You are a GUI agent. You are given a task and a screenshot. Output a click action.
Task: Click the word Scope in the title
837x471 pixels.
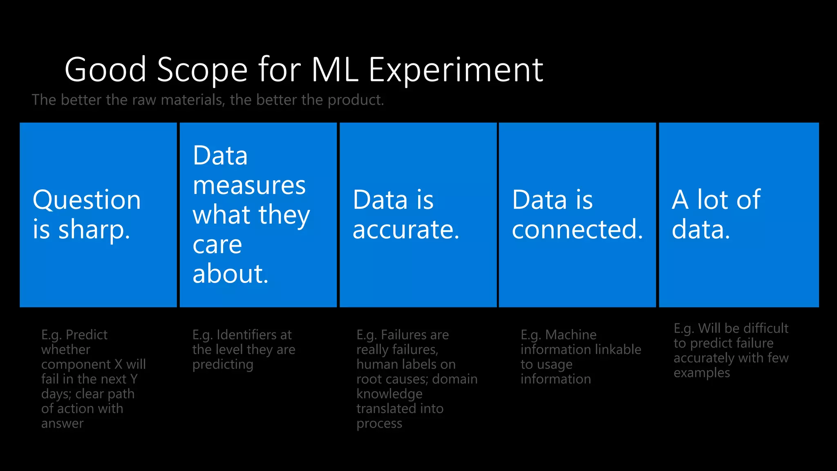tap(202, 70)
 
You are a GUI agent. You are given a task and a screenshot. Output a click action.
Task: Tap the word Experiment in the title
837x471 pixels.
tap(456, 70)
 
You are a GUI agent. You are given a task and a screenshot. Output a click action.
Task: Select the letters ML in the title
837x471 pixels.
tap(335, 70)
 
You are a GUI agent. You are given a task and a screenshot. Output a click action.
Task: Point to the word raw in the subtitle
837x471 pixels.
tap(144, 100)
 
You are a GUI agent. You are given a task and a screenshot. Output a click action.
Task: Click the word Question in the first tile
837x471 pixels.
tap(87, 200)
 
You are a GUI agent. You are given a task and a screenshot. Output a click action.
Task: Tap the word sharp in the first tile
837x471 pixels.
tap(94, 230)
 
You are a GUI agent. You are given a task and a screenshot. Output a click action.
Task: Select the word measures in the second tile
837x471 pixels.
tap(249, 186)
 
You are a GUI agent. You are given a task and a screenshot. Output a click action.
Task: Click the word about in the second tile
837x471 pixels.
tap(230, 274)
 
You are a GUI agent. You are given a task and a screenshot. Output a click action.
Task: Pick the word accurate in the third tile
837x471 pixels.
tap(405, 230)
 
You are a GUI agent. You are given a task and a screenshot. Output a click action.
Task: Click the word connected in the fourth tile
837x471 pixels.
tap(577, 230)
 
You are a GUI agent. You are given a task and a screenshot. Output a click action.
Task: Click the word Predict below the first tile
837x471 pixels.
tap(86, 335)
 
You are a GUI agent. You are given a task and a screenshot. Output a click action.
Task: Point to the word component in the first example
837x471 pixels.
tap(76, 364)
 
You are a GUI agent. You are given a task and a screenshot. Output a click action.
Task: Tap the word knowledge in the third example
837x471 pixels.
tap(389, 394)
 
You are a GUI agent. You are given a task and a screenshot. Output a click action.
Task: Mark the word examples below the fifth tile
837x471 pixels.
tap(701, 373)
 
